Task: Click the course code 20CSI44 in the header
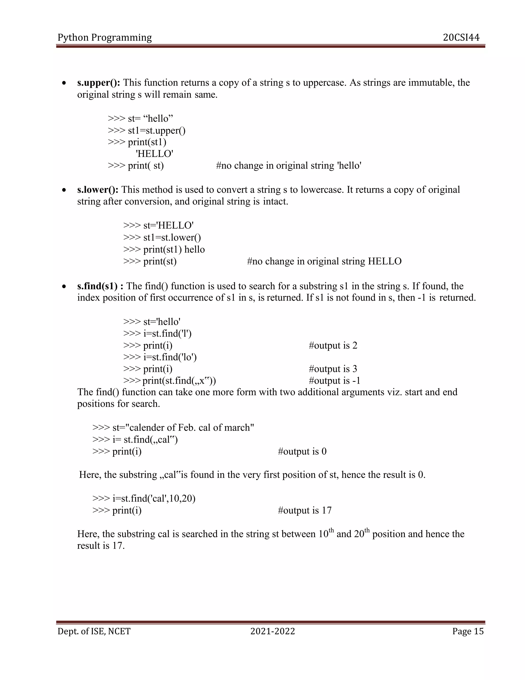coord(461,37)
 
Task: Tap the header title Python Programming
coord(105,37)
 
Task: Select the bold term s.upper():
coord(99,83)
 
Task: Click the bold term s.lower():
coord(98,190)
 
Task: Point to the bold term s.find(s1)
coord(100,286)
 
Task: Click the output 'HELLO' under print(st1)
coord(155,154)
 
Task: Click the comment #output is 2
coord(333,345)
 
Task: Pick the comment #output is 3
coord(333,369)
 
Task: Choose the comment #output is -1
coord(334,381)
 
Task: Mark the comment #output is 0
coord(302,451)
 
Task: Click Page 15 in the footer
coord(468,631)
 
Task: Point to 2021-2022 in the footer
coord(272,631)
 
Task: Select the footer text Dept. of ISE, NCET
coord(94,631)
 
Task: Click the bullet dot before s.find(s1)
coord(64,286)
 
